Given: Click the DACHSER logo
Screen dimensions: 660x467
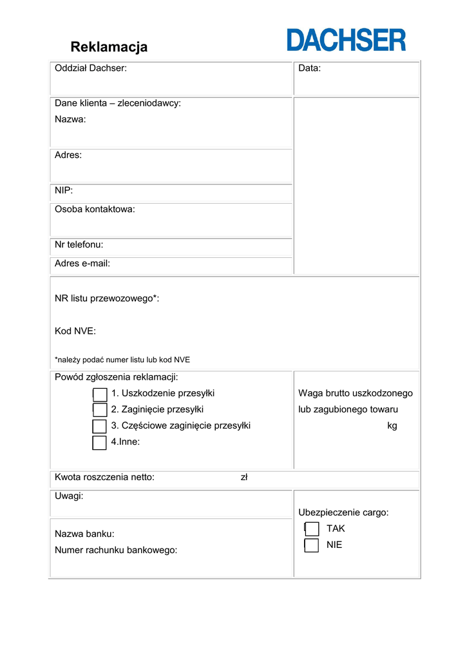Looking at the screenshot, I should coord(347,40).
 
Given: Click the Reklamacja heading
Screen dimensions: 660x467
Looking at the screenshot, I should coord(109,47).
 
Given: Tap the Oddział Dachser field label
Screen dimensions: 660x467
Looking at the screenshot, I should coord(90,68).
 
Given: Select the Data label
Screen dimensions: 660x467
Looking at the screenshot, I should coord(309,68).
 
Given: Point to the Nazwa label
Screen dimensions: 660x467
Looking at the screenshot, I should coord(70,119).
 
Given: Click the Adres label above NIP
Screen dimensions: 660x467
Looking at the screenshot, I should coord(68,155).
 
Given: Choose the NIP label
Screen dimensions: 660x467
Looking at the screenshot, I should coord(64,191).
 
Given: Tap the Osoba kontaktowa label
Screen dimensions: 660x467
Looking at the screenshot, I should coord(95,209).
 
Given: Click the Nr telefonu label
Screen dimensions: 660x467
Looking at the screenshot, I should coord(79,245).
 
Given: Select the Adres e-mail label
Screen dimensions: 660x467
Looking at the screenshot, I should coord(82,264).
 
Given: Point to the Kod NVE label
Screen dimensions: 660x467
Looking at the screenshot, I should coord(75,331).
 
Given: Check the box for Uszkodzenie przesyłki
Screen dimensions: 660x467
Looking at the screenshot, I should coord(99,394).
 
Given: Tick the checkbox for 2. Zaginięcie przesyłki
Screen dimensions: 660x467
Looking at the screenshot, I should coord(99,410).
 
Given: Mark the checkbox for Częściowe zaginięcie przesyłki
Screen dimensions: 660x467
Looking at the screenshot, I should coord(99,426).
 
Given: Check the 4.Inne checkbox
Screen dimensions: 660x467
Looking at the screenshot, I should coord(99,442).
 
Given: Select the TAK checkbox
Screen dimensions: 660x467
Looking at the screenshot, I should coord(312,529).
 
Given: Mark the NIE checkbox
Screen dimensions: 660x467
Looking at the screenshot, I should coord(312,545).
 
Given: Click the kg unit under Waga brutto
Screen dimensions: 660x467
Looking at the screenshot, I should coord(392,426).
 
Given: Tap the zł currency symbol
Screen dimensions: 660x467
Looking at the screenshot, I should coord(244,478).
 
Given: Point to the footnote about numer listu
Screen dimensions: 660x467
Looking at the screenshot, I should coord(122,360).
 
